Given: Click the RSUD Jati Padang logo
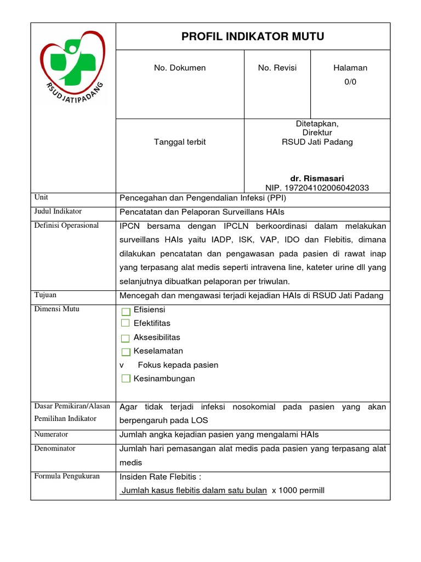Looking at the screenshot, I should (x=72, y=69).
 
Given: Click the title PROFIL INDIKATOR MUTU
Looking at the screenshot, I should (x=253, y=37).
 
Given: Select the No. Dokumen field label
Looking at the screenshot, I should (x=180, y=68).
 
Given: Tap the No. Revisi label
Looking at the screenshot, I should (x=277, y=68).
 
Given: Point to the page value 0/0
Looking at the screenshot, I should (x=350, y=82).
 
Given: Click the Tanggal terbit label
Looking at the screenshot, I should (x=180, y=142).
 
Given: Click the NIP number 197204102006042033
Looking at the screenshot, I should (x=317, y=188).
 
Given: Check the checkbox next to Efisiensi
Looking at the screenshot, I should (x=126, y=311).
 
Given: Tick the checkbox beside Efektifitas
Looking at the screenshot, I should (x=126, y=323).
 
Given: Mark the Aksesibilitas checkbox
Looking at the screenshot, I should (x=126, y=338).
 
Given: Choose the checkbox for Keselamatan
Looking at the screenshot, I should (x=126, y=352).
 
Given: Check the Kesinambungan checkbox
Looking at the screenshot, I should (x=126, y=379).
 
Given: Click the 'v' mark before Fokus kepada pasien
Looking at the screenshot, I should (x=122, y=365).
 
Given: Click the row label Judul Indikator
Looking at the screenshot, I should (x=58, y=211).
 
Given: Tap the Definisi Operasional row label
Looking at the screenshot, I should (x=66, y=226).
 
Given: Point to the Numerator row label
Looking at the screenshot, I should (x=51, y=434).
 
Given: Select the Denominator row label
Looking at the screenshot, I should (x=55, y=448).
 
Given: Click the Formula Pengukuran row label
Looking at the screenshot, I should (x=67, y=476).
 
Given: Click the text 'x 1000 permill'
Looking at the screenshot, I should (x=298, y=490).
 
